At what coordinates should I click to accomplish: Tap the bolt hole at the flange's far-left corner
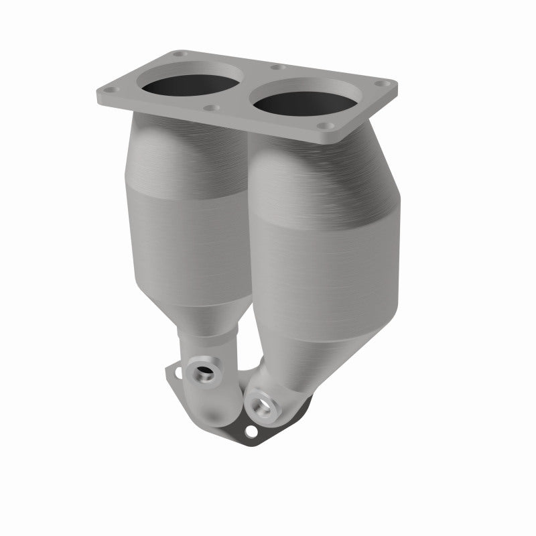click(111, 90)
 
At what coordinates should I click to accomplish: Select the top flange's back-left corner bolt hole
click(179, 54)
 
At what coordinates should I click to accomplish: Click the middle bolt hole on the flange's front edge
click(212, 107)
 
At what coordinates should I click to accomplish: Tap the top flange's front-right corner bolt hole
click(324, 125)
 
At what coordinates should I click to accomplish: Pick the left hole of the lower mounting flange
click(176, 368)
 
